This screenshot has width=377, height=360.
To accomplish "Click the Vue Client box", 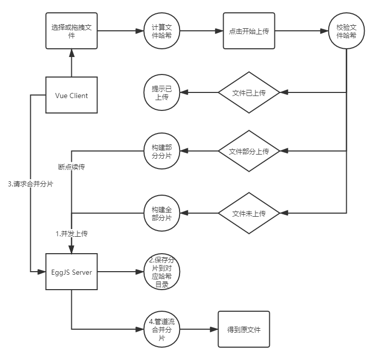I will [71, 96].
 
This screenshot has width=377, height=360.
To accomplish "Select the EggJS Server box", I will [71, 272].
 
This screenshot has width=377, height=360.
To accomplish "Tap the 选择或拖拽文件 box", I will [71, 31].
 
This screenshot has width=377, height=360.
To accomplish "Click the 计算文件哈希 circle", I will [162, 31].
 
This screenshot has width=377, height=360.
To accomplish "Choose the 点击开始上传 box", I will [248, 31].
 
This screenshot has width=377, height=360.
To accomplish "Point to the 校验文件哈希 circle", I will [346, 31].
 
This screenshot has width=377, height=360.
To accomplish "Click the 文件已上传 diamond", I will [248, 93].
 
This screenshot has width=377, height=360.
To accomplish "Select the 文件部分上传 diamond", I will [248, 151].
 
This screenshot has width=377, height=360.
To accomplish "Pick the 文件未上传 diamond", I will [248, 213].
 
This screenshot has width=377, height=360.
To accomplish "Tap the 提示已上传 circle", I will [162, 93].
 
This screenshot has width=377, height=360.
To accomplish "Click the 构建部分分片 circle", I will [162, 151].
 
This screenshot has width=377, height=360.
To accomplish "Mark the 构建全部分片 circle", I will [162, 213].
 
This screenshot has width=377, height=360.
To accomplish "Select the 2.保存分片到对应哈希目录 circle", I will [162, 272].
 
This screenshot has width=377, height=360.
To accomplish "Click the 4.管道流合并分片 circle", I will [162, 329].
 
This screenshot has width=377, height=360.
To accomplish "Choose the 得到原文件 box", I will [244, 329].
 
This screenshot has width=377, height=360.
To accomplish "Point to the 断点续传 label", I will [71, 167].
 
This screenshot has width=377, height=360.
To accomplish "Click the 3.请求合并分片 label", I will [31, 184].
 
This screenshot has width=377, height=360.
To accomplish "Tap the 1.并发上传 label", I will [71, 233].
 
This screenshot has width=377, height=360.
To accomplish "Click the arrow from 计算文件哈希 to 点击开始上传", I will [201, 31].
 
